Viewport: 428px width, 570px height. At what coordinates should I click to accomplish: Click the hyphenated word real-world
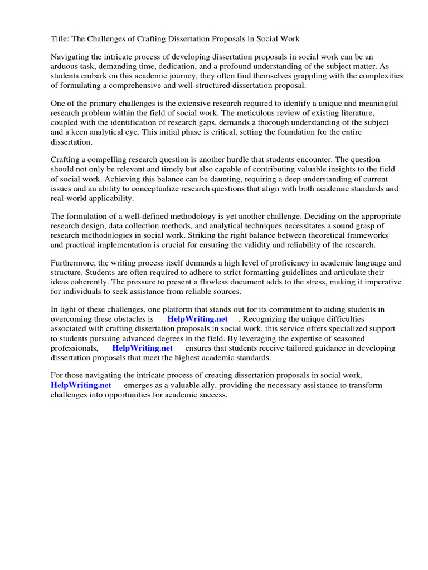[70, 198]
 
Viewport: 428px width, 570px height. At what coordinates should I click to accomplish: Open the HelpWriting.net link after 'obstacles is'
[198, 320]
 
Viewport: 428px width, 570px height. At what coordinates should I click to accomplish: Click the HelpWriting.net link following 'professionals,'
[143, 348]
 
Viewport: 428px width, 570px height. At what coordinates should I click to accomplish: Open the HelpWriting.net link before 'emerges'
[81, 385]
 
